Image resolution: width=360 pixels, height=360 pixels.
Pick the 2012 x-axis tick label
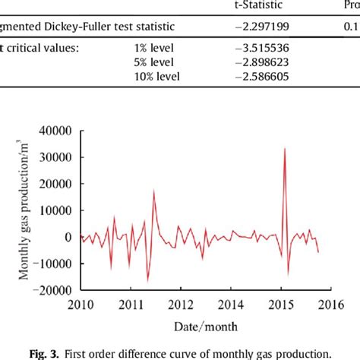pos(180,305)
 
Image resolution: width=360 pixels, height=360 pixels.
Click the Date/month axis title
pos(205,326)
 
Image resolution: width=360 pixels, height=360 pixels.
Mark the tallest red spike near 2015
pos(284,149)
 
